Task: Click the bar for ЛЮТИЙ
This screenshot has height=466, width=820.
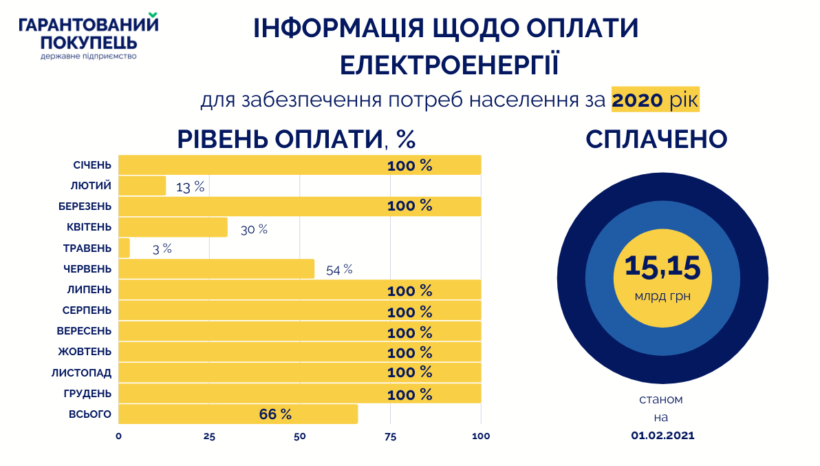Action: tap(142, 186)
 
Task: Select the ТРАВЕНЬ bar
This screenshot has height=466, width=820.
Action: tap(125, 248)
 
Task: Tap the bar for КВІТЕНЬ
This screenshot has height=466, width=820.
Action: tap(173, 227)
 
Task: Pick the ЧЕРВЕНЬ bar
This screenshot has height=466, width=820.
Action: tap(216, 269)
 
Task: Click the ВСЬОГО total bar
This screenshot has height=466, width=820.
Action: tap(238, 414)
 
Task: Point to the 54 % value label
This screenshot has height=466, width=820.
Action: tap(339, 270)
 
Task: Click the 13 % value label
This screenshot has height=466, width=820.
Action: tap(190, 187)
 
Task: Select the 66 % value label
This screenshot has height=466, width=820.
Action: tap(275, 414)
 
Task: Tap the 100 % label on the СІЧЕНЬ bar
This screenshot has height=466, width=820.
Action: tap(409, 165)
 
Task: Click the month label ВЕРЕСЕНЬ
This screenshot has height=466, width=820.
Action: tap(84, 331)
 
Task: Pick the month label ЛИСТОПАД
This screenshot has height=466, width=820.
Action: tap(81, 373)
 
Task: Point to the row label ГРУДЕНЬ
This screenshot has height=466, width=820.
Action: tap(87, 394)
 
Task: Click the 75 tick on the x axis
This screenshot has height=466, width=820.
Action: tap(391, 436)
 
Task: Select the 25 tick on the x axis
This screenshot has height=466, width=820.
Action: tap(209, 436)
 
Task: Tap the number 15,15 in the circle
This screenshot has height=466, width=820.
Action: tap(662, 267)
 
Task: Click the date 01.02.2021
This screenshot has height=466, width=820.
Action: tap(662, 435)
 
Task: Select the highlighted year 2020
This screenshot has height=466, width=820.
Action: tap(637, 100)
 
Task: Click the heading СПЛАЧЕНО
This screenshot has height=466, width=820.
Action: tap(656, 139)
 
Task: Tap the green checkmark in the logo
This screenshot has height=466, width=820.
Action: tap(153, 15)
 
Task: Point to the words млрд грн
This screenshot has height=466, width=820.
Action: tap(662, 297)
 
